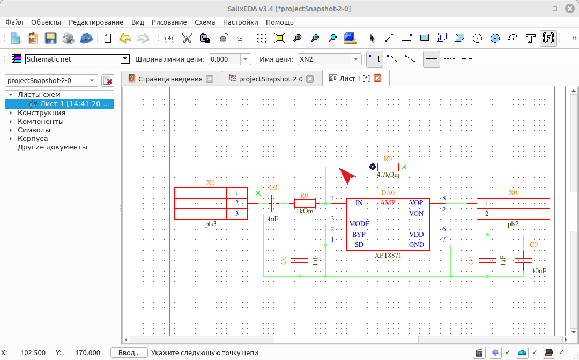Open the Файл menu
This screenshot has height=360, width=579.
[x=14, y=22]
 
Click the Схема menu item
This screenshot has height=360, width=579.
[x=205, y=22]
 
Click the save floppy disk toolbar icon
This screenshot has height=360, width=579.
[x=50, y=38]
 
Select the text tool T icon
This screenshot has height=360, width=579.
[x=531, y=38]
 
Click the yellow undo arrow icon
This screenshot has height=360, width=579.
[x=125, y=38]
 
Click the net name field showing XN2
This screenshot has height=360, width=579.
[x=329, y=59]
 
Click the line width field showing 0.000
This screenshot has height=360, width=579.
[x=229, y=59]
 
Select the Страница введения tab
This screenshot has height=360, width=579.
[x=170, y=79]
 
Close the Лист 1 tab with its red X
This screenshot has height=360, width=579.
[x=377, y=78]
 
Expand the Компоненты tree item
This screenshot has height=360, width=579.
[x=11, y=122]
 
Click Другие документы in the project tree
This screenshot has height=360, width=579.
[x=53, y=147]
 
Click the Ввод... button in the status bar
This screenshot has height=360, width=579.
[x=129, y=353]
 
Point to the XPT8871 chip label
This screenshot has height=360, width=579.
[x=388, y=255]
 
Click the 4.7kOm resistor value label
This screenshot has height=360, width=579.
[x=388, y=175]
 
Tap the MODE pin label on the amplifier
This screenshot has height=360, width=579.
[x=359, y=224]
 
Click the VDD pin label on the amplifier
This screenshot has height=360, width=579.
[x=416, y=235]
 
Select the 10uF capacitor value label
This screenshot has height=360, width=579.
[x=539, y=271]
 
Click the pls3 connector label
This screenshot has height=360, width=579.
[x=211, y=224]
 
